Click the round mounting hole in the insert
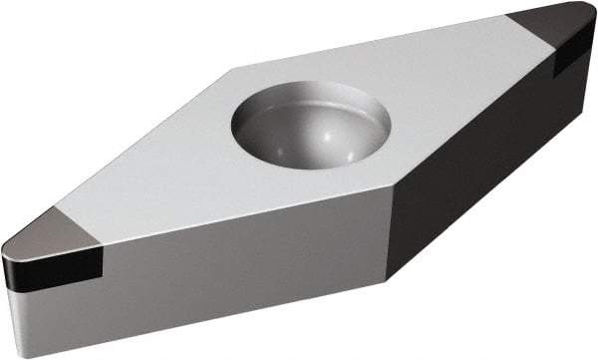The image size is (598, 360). tap(310, 126)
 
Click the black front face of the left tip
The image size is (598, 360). tap(55, 269)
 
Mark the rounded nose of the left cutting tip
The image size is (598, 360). tap(8, 254)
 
